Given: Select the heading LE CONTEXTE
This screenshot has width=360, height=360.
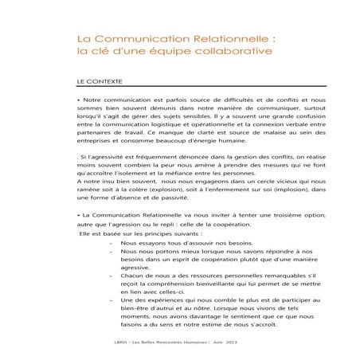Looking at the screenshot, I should point(99,82).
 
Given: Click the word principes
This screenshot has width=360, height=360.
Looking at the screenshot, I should point(140,255).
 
